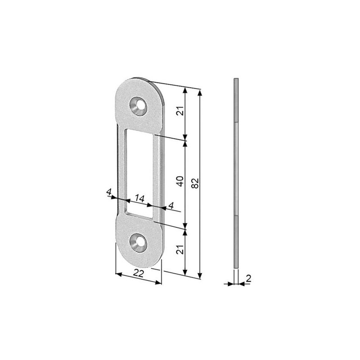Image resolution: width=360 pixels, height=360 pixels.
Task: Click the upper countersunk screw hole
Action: [x=138, y=106]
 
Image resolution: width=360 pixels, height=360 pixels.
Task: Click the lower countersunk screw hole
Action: [x=138, y=243]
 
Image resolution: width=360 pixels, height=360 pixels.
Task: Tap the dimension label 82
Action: [x=195, y=183]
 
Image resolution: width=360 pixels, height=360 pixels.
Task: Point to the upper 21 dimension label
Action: [x=181, y=111]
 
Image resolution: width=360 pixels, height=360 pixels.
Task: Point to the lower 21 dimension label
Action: [x=181, y=249]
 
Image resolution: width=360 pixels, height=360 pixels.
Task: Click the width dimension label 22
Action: [x=139, y=273]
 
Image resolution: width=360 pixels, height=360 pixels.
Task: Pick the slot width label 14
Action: [x=139, y=198]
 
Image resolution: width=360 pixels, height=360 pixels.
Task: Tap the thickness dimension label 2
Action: [x=249, y=279]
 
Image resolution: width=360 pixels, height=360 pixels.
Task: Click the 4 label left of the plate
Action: [x=109, y=192]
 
